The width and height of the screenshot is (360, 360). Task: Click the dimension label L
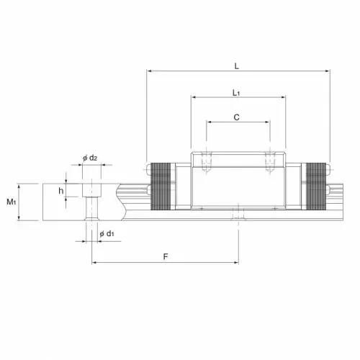pos(237,66)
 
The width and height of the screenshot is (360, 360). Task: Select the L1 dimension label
pos(236,93)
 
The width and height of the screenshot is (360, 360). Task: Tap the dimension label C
pos(236,117)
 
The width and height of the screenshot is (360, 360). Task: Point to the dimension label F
pos(166,256)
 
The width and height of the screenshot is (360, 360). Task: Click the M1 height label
pos(11,202)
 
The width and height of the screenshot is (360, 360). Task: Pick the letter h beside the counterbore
pos(61,191)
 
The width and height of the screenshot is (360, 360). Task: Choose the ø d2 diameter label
pos(90,158)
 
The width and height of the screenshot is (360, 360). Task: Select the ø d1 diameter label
pos(107,233)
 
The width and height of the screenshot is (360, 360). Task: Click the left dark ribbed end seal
pos(161,186)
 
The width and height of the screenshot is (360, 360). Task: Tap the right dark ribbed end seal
pos(316,186)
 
